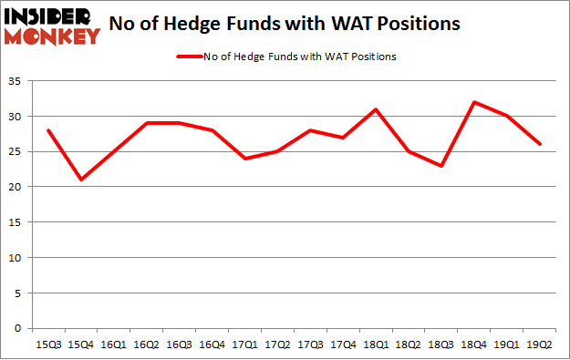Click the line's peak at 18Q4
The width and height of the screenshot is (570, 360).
[474, 102]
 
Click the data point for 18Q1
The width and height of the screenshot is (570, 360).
[377, 109]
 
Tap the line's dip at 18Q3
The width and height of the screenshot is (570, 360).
[441, 166]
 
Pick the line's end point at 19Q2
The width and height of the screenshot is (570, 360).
[540, 145]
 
